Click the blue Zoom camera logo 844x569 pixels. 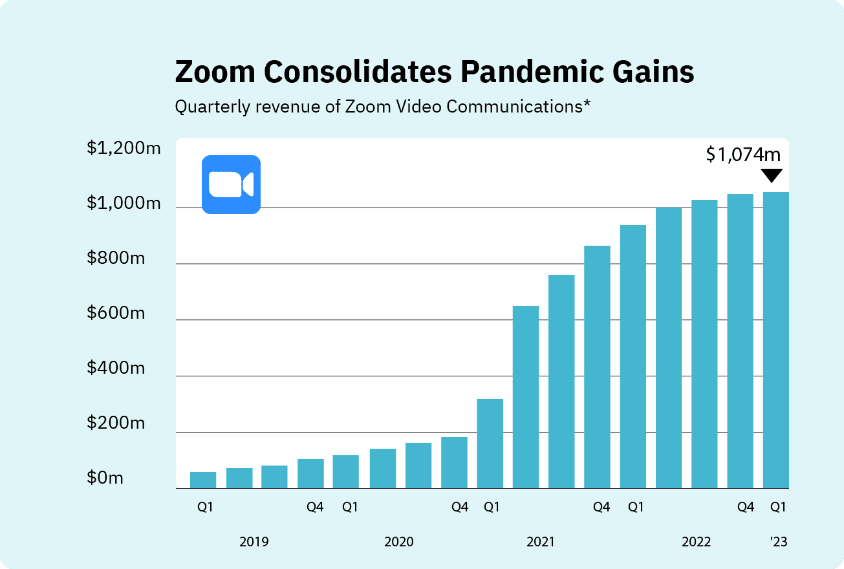coord(231,184)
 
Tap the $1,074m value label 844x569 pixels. coord(743,155)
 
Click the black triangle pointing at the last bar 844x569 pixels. coord(772,175)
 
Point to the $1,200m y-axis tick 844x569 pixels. coord(124,149)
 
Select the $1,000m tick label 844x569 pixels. coord(124,204)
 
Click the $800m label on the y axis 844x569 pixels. coord(116,259)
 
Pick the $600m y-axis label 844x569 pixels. coord(116,314)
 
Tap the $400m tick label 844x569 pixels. coord(116,369)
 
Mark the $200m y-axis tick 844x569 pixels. coord(116,424)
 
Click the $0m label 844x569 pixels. coord(105,478)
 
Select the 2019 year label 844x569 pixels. coord(254,542)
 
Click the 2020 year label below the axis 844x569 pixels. coord(399,542)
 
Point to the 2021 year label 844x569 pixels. coord(540,542)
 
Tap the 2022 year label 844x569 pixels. coord(697,542)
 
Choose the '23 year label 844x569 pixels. coord(779,542)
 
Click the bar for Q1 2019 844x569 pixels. coord(203,480)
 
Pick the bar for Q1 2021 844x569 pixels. coord(490,444)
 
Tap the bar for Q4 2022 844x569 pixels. coord(740,341)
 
